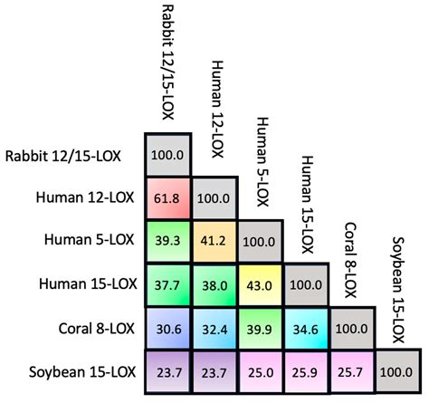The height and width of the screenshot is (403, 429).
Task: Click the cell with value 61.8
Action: pyautogui.click(x=167, y=197)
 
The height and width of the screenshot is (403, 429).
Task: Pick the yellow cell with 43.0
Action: pyautogui.click(x=261, y=284)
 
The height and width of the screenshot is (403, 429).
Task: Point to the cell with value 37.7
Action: pyautogui.click(x=167, y=284)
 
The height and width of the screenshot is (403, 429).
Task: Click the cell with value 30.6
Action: pyautogui.click(x=167, y=329)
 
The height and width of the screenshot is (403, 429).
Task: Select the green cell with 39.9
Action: pyautogui.click(x=261, y=329)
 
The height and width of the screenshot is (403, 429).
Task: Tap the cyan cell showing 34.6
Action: pyautogui.click(x=308, y=329)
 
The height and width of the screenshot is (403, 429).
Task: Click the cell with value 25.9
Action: pyautogui.click(x=308, y=372)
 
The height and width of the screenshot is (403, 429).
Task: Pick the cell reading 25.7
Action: pyautogui.click(x=354, y=372)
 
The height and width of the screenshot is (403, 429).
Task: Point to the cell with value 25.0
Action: pyautogui.click(x=261, y=372)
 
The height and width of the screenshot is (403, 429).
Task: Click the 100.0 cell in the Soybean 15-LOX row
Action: pyautogui.click(x=400, y=372)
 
